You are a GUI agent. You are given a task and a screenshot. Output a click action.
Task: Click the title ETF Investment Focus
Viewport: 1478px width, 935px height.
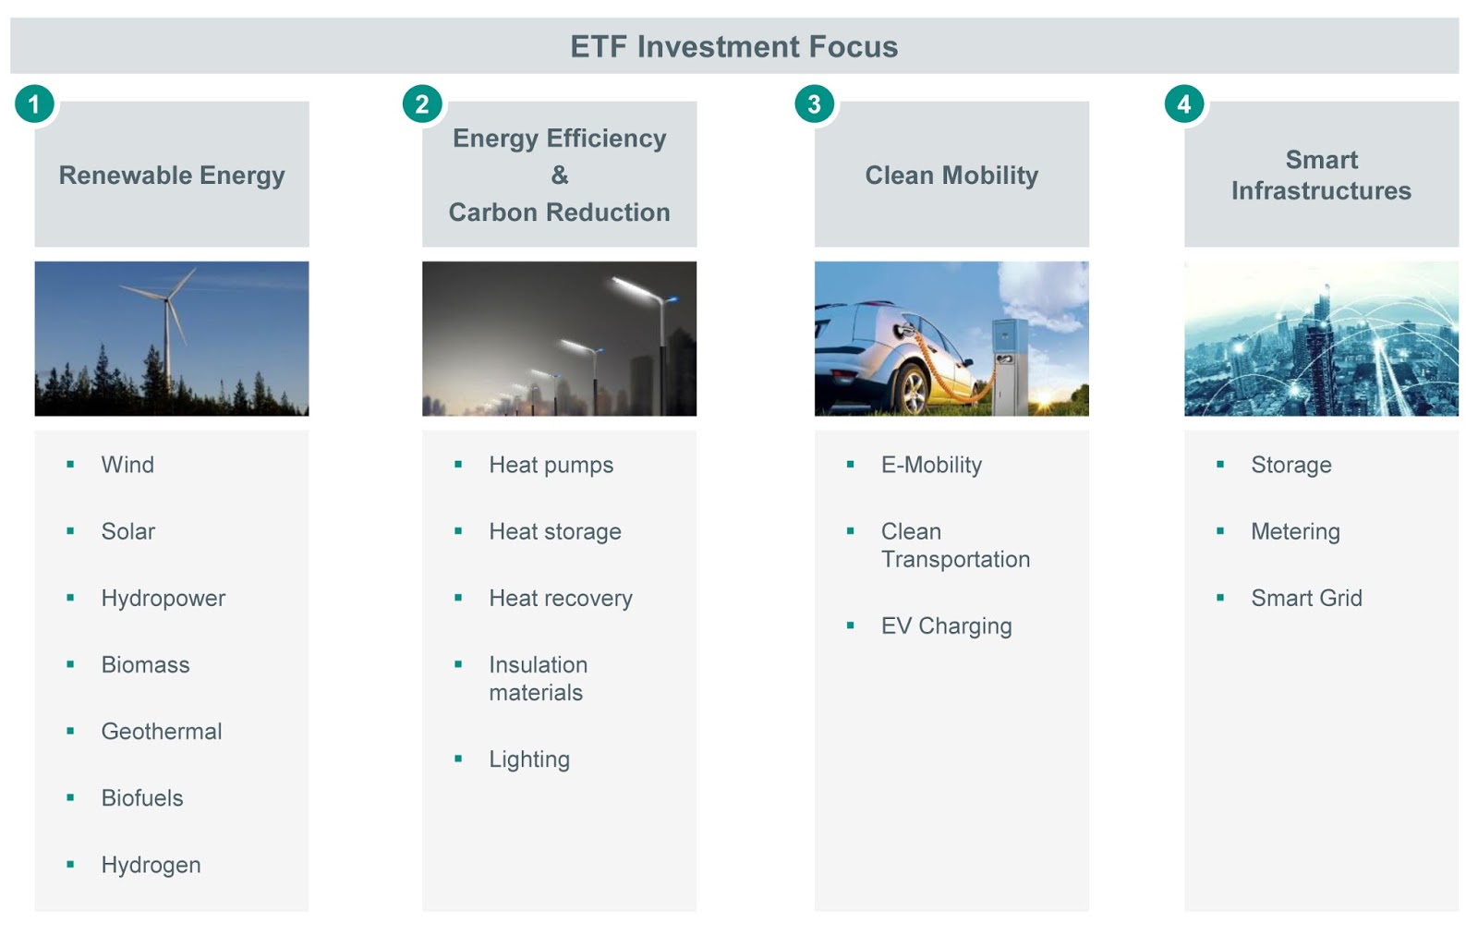(x=733, y=47)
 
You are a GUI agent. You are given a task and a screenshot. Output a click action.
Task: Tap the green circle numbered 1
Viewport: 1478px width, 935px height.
(x=34, y=103)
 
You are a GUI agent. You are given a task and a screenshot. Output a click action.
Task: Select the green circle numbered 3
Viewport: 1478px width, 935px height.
(x=814, y=103)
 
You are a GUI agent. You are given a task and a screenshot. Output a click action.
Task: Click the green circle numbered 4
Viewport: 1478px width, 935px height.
(x=1184, y=103)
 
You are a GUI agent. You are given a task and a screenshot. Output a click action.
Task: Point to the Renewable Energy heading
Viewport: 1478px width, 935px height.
(x=172, y=176)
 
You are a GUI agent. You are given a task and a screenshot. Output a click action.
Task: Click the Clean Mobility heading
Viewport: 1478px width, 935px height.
(x=951, y=176)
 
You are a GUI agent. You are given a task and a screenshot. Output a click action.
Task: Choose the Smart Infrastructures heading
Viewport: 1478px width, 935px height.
(x=1321, y=175)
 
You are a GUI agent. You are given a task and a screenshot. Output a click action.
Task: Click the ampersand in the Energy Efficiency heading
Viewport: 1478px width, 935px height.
(x=560, y=175)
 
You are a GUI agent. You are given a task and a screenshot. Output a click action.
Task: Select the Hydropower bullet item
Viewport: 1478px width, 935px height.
(x=163, y=599)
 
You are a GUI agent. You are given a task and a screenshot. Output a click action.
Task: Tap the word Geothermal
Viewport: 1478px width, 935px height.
(x=161, y=731)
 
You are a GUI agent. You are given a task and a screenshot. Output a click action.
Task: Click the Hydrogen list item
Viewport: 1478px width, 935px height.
(x=151, y=865)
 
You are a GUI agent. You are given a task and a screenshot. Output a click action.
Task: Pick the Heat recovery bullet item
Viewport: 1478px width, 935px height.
(x=560, y=599)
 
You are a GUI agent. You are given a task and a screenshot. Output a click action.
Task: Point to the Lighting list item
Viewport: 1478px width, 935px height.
(x=529, y=759)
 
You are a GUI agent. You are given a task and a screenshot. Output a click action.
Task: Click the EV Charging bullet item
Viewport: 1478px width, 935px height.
(x=946, y=626)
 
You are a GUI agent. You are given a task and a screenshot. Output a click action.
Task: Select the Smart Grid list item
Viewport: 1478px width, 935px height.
(x=1306, y=598)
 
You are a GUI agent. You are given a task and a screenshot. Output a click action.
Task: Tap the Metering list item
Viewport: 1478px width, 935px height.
(x=1295, y=532)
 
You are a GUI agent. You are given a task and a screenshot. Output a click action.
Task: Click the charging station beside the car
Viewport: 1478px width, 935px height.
(x=1011, y=366)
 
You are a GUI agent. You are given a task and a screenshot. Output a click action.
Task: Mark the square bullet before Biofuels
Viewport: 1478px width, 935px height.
(x=70, y=797)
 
